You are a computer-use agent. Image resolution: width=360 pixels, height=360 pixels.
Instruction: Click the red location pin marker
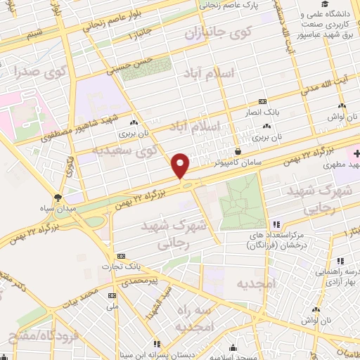click(181, 165)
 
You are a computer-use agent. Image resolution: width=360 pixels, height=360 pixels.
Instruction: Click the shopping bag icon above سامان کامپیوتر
click(238, 150)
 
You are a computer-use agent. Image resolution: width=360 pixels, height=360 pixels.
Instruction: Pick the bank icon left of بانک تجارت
click(121, 256)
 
